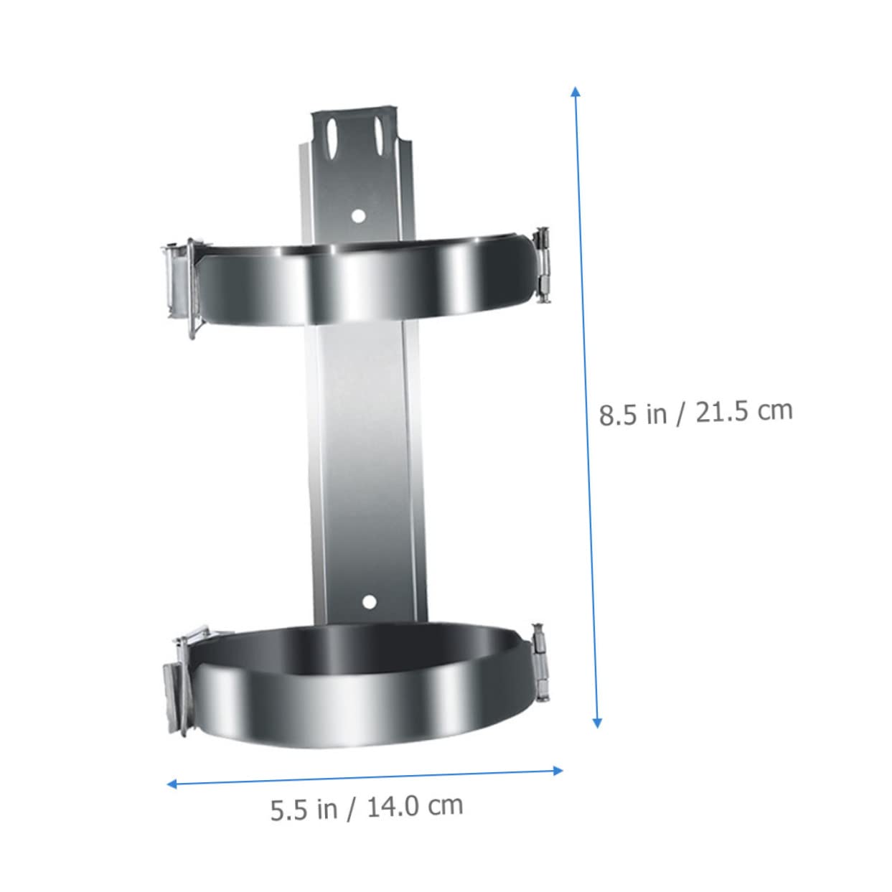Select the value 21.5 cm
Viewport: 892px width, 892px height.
744,412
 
